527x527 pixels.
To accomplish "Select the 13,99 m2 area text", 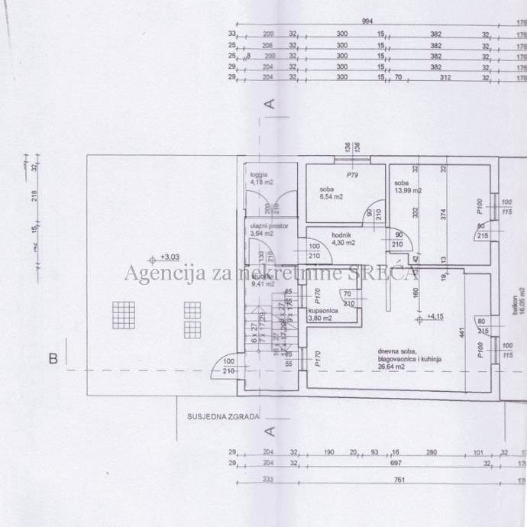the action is (x=408, y=190).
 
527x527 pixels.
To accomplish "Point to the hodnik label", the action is (x=341, y=234).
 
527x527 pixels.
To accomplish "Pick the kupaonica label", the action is (x=323, y=311).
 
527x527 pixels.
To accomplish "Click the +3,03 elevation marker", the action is (x=167, y=257).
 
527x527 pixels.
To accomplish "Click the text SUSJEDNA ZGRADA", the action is (x=224, y=417).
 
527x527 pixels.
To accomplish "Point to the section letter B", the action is (x=53, y=357).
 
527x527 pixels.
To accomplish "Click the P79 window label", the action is (x=351, y=175).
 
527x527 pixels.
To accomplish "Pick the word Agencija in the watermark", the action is (x=157, y=272).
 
